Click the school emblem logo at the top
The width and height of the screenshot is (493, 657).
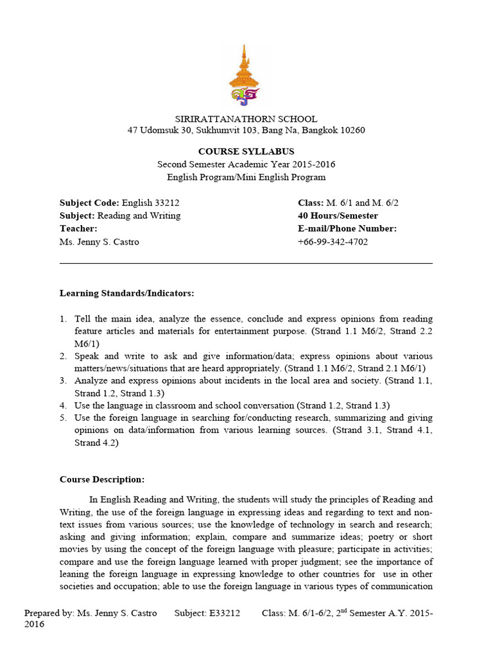[x=246, y=76]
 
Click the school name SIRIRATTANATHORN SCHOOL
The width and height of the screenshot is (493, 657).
[x=246, y=119]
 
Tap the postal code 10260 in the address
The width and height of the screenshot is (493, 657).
[x=352, y=131]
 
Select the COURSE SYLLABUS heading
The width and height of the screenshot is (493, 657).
[x=246, y=151]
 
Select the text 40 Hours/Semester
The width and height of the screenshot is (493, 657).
[x=338, y=216]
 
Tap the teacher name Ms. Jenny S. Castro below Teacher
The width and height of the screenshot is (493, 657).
[x=99, y=242]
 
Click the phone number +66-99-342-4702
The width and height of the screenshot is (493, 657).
[x=333, y=242]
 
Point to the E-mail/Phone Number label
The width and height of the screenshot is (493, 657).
[x=347, y=228]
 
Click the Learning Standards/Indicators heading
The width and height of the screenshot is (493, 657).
[x=126, y=293]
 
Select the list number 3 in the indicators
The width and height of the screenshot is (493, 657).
[x=64, y=380]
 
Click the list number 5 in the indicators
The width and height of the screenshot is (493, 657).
[x=64, y=418]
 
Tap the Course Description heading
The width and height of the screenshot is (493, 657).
[x=102, y=479]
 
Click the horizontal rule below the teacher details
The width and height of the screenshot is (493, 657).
[x=246, y=263]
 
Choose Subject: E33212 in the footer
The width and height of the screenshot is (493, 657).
[x=207, y=613]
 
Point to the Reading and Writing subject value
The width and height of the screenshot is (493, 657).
[x=139, y=216]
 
